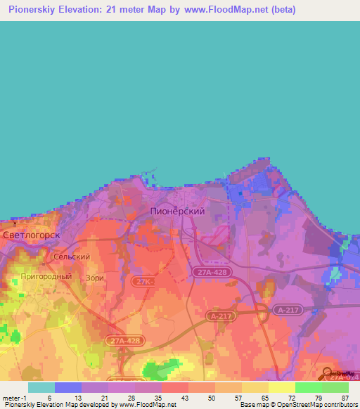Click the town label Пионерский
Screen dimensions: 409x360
click(178, 211)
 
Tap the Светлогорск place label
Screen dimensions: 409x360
click(31, 235)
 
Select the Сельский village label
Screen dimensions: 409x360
click(72, 257)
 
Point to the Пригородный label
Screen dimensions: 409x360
click(46, 277)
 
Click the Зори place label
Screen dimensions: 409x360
click(95, 278)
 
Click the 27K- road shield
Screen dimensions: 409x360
click(143, 281)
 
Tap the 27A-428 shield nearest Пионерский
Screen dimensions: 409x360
click(213, 271)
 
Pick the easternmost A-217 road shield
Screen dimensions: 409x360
click(288, 309)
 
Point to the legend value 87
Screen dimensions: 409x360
click(345, 397)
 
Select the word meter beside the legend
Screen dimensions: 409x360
click(10, 397)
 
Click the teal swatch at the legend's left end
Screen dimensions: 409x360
click(41, 387)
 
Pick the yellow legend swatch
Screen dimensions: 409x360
click(282, 387)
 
